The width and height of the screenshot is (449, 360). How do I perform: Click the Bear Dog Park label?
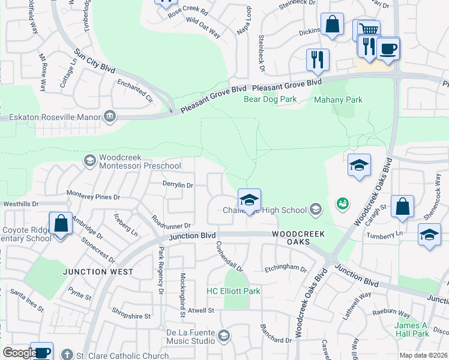270,100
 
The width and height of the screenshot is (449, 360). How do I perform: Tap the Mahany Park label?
339,100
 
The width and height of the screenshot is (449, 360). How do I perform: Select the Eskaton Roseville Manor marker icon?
110,115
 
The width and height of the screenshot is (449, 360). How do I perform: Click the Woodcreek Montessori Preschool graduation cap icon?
89,160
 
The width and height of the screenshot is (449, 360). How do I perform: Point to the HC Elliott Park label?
233,291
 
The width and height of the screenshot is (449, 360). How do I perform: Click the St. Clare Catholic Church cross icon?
67,355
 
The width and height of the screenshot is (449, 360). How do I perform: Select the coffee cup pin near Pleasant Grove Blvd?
388,48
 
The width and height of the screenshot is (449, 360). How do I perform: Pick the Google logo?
19,353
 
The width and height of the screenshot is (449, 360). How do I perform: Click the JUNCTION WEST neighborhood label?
98,272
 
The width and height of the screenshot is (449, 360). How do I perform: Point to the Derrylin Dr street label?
177,185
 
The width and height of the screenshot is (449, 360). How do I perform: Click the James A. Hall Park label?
412,329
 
